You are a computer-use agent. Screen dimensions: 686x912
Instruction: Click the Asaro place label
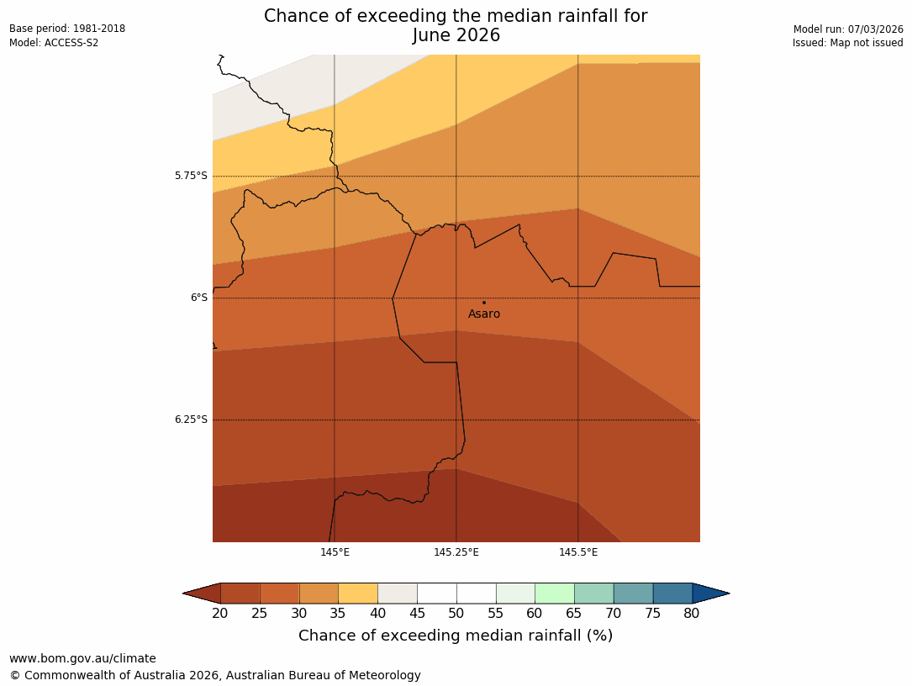click(484, 314)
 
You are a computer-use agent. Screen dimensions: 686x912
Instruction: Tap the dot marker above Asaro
click(484, 303)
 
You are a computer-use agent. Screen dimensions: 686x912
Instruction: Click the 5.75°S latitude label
click(191, 176)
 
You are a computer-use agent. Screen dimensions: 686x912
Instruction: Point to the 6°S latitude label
click(198, 298)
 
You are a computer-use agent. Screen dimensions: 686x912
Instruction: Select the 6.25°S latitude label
click(191, 420)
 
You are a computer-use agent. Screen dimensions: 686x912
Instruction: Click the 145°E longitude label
click(335, 552)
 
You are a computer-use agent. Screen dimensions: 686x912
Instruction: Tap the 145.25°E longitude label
click(456, 552)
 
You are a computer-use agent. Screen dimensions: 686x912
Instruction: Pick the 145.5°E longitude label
click(578, 552)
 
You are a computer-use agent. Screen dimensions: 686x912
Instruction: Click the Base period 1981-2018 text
click(67, 29)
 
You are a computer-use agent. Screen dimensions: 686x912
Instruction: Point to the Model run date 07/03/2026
click(848, 29)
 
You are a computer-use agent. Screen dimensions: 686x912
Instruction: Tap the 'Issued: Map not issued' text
click(847, 43)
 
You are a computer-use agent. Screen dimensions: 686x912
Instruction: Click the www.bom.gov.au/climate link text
click(82, 658)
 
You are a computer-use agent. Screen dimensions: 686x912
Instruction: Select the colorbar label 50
click(456, 614)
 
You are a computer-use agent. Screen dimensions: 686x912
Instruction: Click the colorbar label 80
click(692, 614)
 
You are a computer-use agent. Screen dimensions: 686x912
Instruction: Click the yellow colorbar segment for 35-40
click(358, 594)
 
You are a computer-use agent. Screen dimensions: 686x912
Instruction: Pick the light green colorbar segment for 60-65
click(555, 594)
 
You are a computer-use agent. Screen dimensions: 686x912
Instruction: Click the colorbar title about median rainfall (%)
click(456, 636)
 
